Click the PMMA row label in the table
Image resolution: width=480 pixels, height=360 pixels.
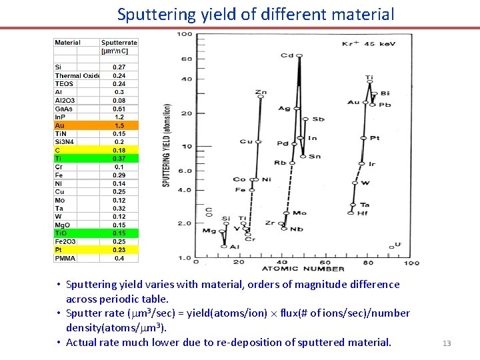(65, 258)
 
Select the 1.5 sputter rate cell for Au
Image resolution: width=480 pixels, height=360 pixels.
(119, 125)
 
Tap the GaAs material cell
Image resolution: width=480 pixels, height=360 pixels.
(65, 109)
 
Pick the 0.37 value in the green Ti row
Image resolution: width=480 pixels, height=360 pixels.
(119, 159)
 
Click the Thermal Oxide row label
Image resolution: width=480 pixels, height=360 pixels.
(77, 75)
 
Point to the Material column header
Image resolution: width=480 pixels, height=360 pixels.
(67, 43)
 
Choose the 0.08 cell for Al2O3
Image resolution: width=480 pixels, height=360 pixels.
(119, 101)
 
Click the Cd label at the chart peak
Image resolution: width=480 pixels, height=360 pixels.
(287, 55)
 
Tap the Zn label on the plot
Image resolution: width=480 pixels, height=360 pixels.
(261, 92)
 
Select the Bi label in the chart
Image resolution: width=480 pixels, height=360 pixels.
(385, 94)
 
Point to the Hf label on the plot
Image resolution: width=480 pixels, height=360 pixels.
(362, 213)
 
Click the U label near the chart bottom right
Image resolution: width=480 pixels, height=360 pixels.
(398, 245)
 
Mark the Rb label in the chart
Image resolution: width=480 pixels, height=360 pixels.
(279, 163)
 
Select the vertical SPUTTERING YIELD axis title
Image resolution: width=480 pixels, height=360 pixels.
(167, 145)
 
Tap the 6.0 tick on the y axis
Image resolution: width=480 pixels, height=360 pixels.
(185, 171)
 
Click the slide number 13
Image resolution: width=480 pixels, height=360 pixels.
(447, 343)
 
